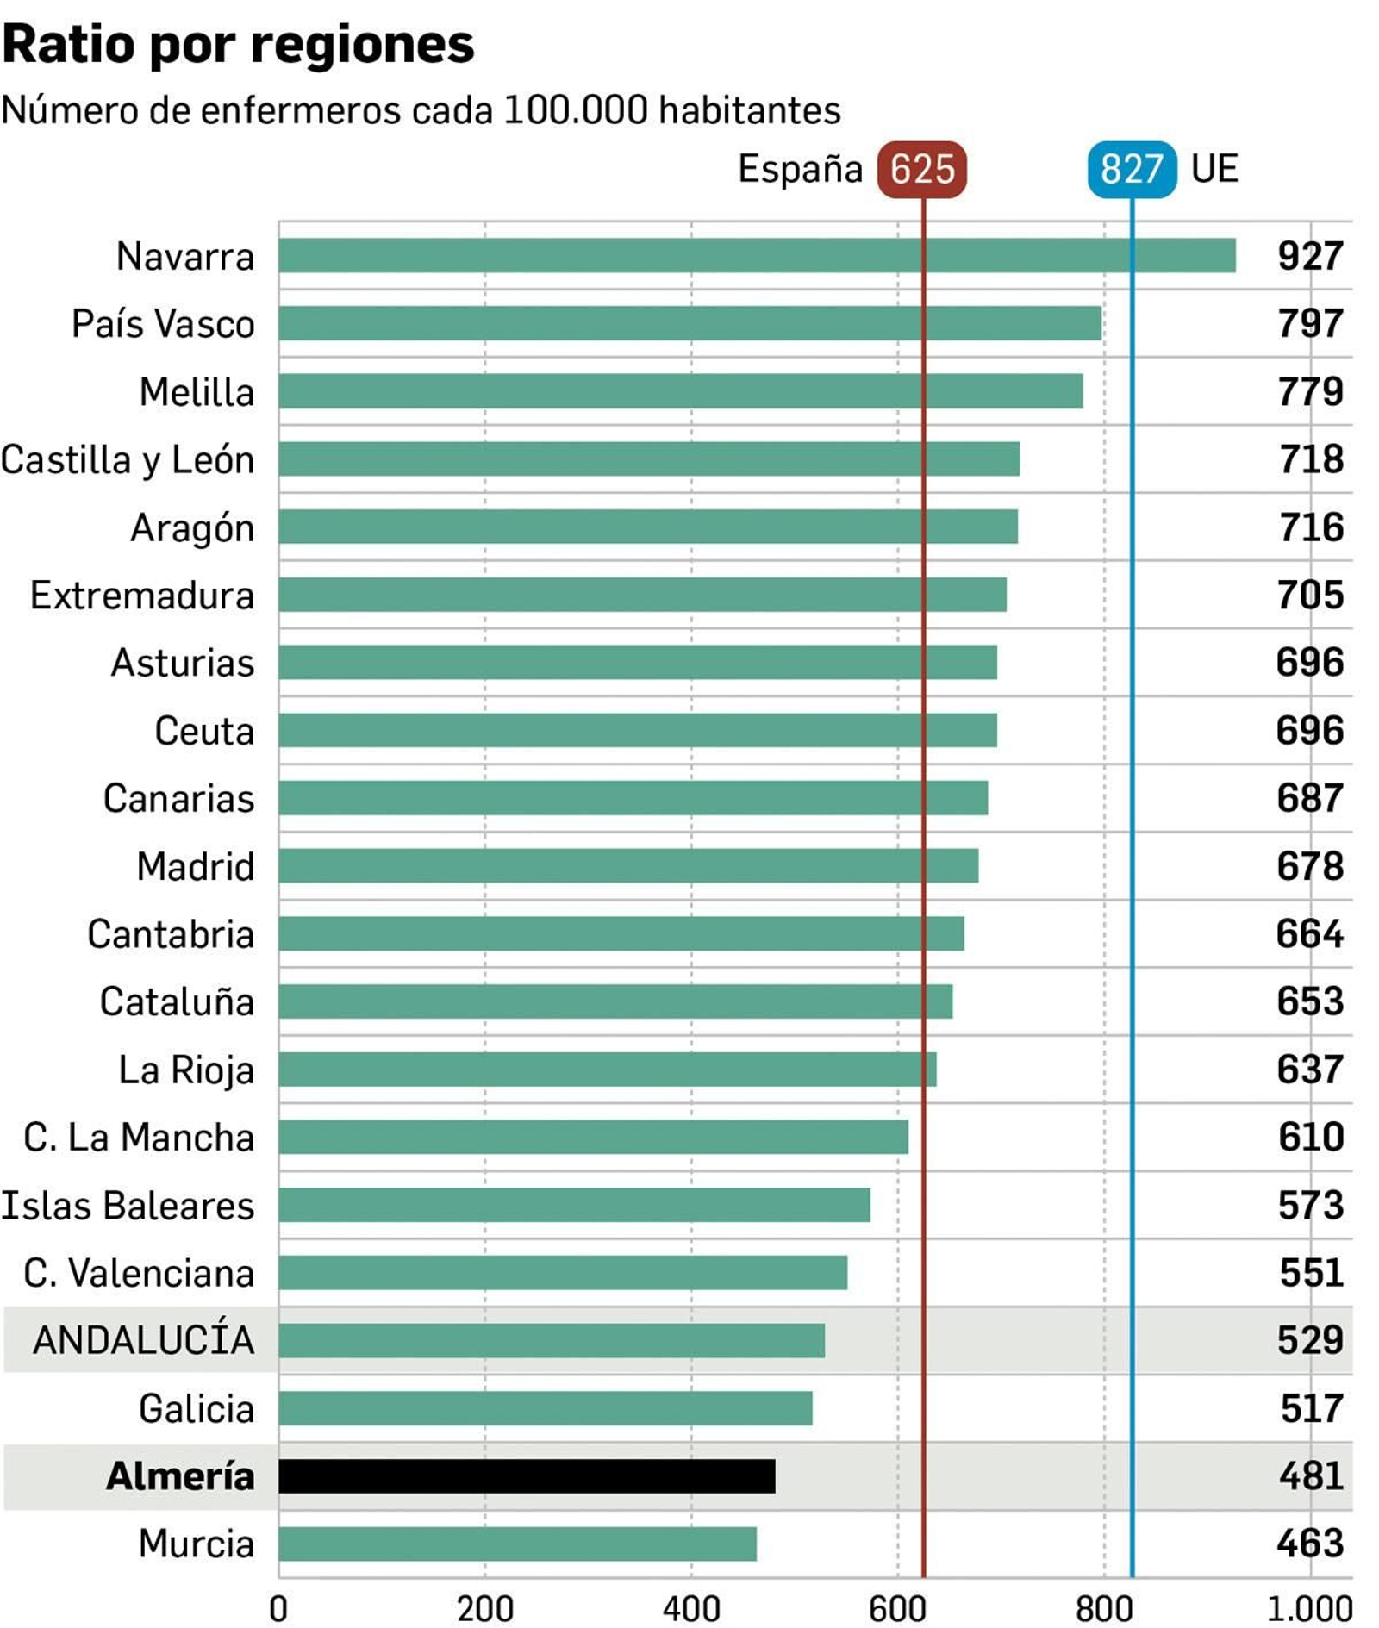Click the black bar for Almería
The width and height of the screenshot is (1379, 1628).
(x=527, y=1475)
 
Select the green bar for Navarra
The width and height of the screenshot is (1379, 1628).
(x=757, y=256)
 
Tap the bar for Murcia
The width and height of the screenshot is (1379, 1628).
(x=517, y=1544)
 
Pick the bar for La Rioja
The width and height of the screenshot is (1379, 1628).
(x=607, y=1070)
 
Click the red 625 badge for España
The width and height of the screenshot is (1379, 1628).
(x=921, y=169)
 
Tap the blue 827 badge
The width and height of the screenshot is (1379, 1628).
(x=1132, y=169)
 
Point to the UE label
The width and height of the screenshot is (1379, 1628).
(x=1214, y=169)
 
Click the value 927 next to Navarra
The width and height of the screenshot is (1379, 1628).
(x=1309, y=256)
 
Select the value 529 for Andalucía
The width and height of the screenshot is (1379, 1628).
(x=1309, y=1340)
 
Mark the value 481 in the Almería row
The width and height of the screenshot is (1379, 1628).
(x=1310, y=1476)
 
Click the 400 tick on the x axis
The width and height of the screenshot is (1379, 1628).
(x=691, y=1608)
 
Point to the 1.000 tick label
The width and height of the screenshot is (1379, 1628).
(x=1309, y=1608)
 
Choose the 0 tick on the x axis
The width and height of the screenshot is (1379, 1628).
(x=278, y=1608)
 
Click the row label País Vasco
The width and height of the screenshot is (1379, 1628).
(x=163, y=324)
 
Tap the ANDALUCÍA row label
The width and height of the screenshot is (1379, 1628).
(x=144, y=1340)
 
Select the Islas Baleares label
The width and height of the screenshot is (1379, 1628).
(x=128, y=1205)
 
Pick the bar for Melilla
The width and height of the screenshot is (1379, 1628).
(x=680, y=391)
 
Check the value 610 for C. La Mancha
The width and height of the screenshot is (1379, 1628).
(x=1310, y=1138)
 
